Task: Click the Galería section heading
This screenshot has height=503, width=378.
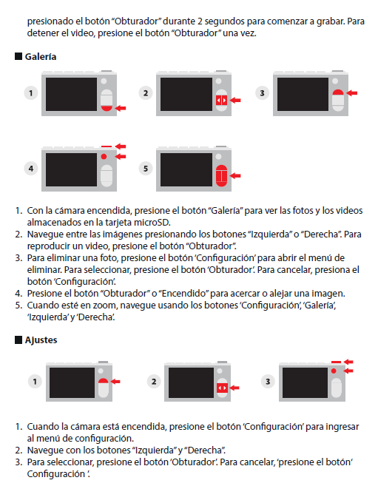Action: pyautogui.click(x=41, y=57)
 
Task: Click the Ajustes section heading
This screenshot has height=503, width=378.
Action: pyautogui.click(x=41, y=340)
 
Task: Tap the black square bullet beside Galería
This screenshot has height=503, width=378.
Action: pyautogui.click(x=18, y=56)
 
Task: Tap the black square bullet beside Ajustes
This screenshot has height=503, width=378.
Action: pyautogui.click(x=18, y=340)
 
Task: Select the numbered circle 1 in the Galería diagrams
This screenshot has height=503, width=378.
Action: pyautogui.click(x=31, y=93)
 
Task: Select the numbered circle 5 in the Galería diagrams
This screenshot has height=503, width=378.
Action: pyautogui.click(x=146, y=169)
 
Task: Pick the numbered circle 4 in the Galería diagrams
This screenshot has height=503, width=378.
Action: pyautogui.click(x=31, y=169)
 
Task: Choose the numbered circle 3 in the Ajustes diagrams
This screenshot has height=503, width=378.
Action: pyautogui.click(x=268, y=382)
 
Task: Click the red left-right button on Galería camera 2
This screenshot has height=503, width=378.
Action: pyautogui.click(x=221, y=101)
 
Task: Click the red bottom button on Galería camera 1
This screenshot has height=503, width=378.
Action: pyautogui.click(x=107, y=108)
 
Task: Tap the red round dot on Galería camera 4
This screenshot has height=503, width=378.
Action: pyautogui.click(x=104, y=157)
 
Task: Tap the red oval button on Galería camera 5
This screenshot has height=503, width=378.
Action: pyautogui.click(x=221, y=175)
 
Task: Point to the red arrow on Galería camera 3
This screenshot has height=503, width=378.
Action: pyautogui.click(x=352, y=93)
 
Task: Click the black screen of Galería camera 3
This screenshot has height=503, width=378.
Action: pyautogui.click(x=303, y=95)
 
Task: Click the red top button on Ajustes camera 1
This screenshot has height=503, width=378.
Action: pyautogui.click(x=103, y=381)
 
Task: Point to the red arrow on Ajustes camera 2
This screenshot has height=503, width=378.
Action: pyautogui.click(x=234, y=388)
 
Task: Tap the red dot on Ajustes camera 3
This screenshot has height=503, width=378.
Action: pyautogui.click(x=334, y=371)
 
